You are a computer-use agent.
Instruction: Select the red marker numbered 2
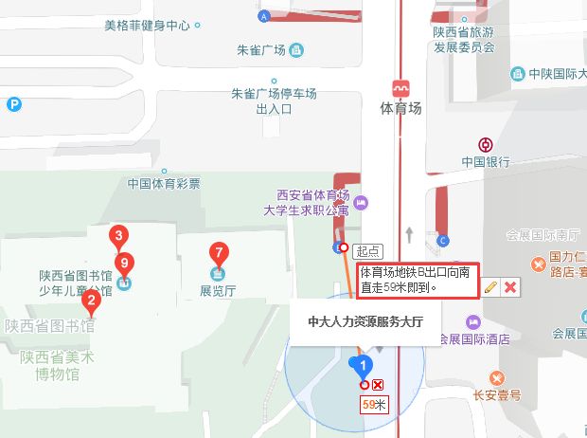point(91,302)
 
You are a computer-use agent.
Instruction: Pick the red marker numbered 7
point(219,253)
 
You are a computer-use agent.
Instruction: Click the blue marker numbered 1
point(360,365)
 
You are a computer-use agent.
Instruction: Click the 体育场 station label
point(400,108)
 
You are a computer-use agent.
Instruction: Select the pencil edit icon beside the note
point(489,286)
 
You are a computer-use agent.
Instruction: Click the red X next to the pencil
point(509,286)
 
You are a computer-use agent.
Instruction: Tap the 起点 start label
point(367,251)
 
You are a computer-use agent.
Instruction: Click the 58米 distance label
point(374,405)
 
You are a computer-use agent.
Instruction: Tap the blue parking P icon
point(13,105)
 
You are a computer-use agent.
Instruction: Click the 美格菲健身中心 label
point(147,26)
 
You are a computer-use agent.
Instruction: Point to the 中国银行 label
point(486,162)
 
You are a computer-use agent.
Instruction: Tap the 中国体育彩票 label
point(164,184)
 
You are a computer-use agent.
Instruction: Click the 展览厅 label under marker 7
point(219,291)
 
